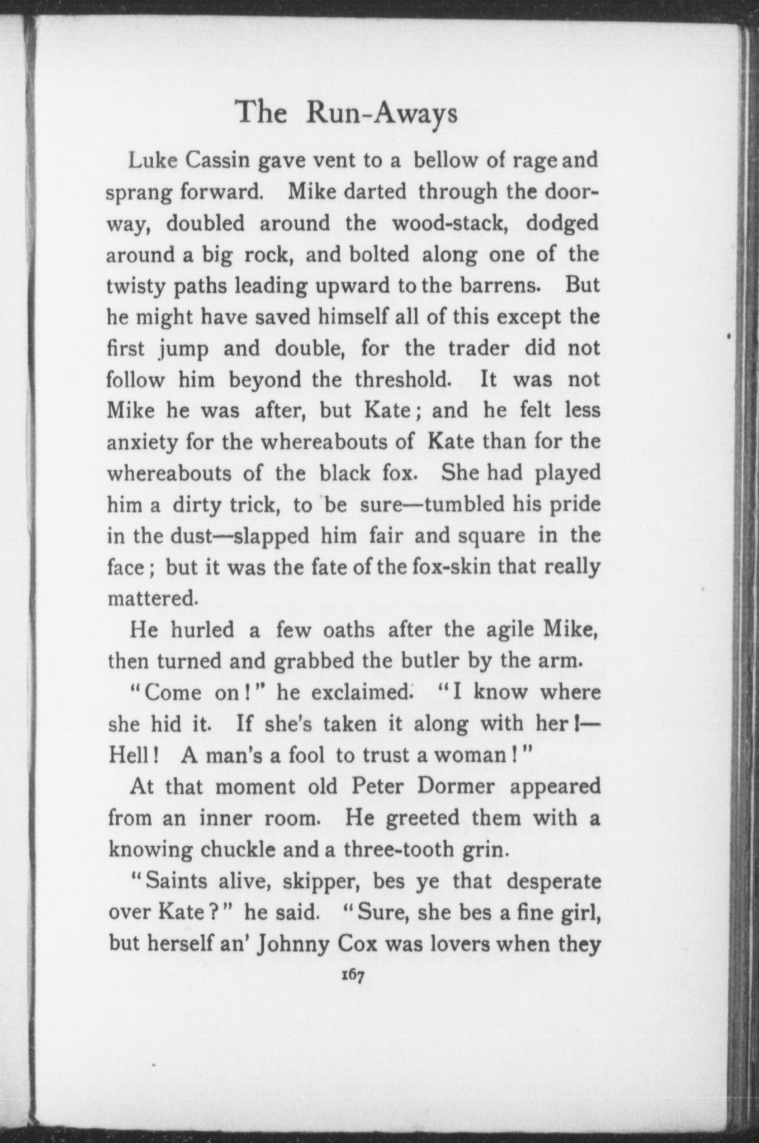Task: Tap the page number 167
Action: (352, 975)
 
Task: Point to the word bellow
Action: (446, 159)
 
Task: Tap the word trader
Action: (474, 349)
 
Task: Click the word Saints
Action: (173, 882)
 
